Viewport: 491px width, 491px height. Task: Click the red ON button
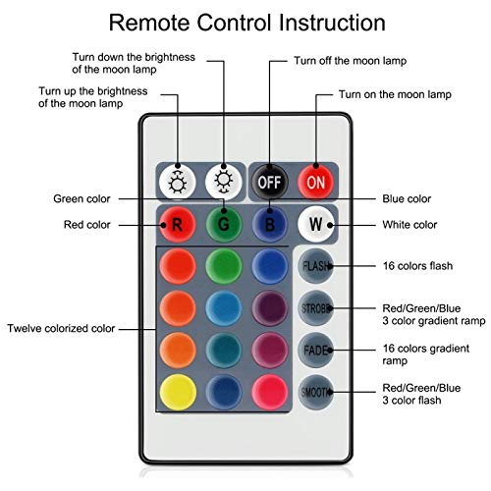pyautogui.click(x=314, y=182)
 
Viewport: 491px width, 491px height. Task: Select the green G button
pyautogui.click(x=224, y=223)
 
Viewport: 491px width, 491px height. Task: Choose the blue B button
pyautogui.click(x=269, y=223)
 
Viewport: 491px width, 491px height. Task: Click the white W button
pyautogui.click(x=315, y=223)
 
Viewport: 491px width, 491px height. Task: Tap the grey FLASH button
pyautogui.click(x=316, y=266)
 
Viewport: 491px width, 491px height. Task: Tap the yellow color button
pyautogui.click(x=178, y=392)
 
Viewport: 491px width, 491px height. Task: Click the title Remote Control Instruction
pyautogui.click(x=245, y=21)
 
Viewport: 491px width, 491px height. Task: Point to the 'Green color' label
pyautogui.click(x=80, y=198)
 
